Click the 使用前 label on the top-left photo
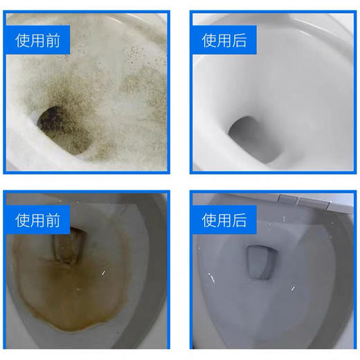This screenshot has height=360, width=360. coord(38,41)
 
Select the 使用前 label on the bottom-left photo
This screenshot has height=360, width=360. coord(38,221)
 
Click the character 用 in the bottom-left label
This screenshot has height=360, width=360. coord(38,221)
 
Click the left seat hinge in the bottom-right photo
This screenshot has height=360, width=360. coord(285,200)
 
